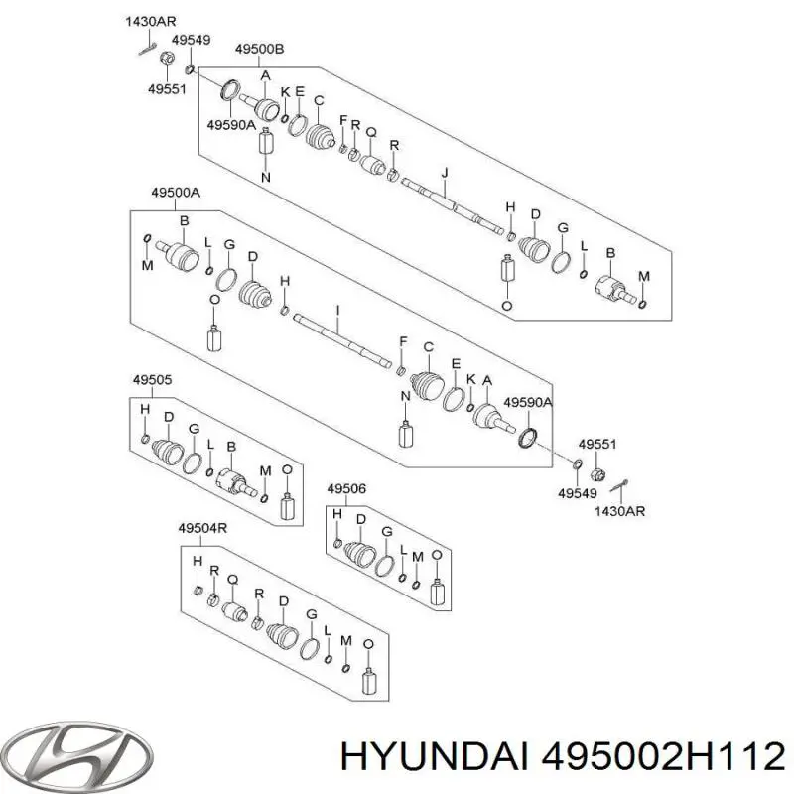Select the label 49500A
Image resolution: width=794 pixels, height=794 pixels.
point(175,195)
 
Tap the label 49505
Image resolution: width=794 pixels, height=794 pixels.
point(152,378)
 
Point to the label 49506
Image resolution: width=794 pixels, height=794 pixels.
point(346,487)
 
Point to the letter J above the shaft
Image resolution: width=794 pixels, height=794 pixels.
point(446,173)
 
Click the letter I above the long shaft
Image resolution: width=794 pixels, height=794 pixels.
point(337,311)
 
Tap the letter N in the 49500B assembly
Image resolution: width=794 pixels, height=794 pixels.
point(265,177)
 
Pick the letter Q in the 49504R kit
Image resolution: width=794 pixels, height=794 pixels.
point(233,578)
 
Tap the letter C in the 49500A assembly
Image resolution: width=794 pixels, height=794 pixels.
point(429,346)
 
